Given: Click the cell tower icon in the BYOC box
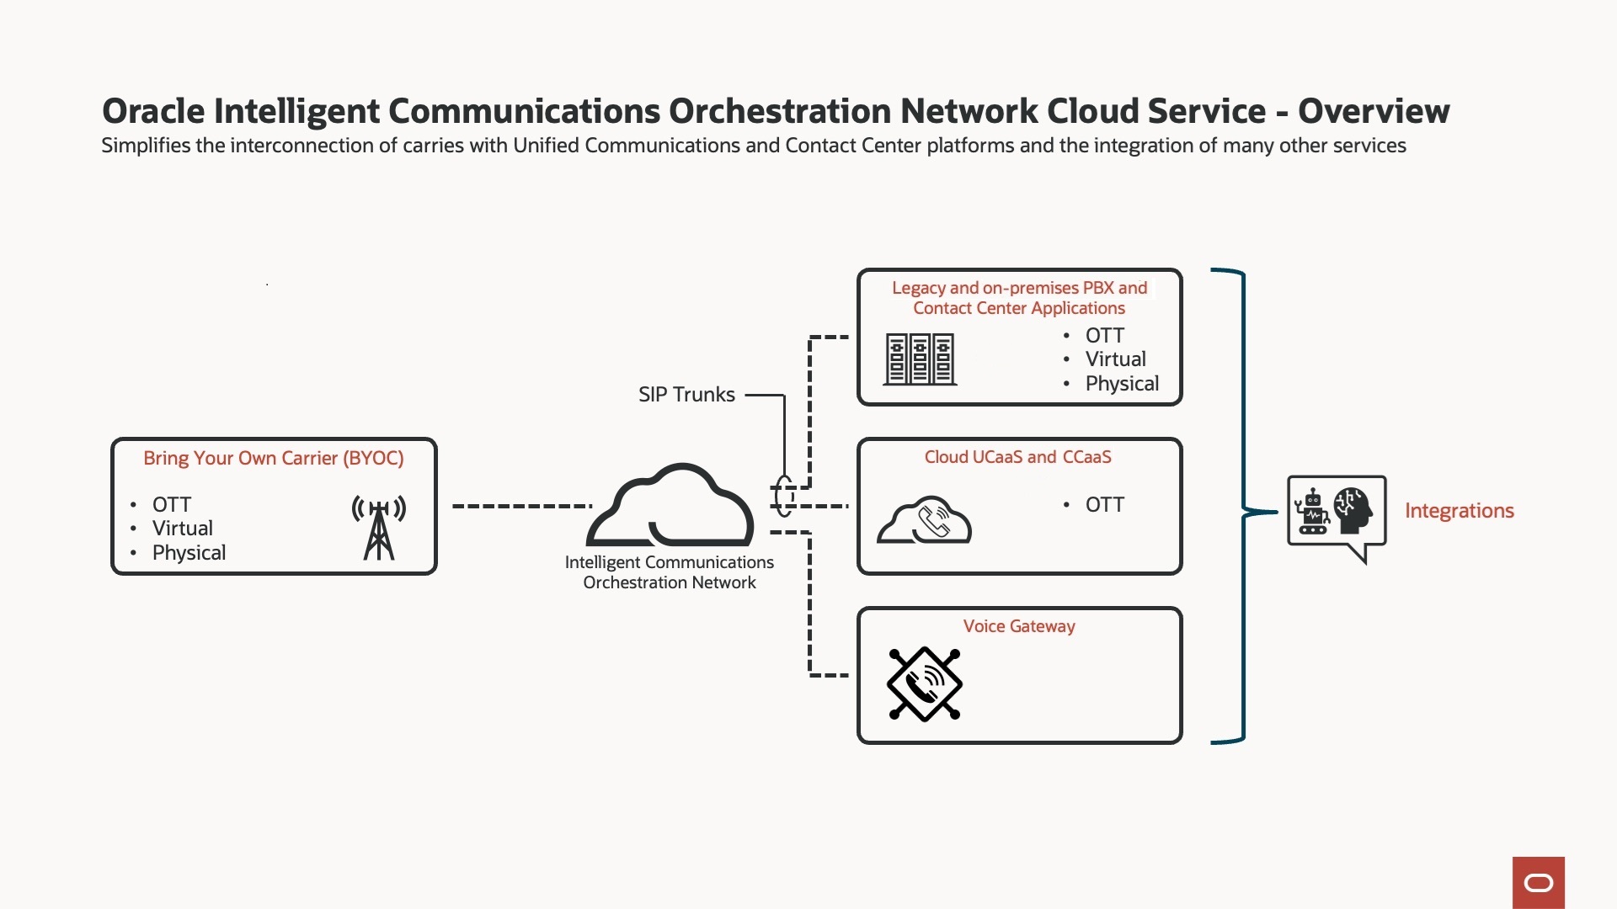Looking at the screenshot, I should point(379,528).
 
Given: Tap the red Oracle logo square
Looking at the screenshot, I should point(1538,882).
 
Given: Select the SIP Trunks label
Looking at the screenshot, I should point(686,395).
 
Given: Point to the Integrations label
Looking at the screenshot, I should point(1459,511).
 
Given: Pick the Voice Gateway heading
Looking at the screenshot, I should point(1019,626).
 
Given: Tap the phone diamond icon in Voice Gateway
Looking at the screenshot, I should point(925,683).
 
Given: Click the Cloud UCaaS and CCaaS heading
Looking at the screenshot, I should point(1017,457).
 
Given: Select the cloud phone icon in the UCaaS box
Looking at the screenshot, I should point(925,520).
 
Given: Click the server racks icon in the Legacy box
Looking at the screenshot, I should point(920,359).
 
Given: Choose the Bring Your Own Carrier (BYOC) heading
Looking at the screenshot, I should point(273,458).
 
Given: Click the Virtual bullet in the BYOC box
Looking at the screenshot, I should point(182,529).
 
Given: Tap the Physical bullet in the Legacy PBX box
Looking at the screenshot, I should point(1122,384).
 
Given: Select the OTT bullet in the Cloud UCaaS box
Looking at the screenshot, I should point(1104,505).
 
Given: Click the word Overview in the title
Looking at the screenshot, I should point(1374,111).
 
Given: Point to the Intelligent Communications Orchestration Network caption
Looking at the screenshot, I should point(670,572).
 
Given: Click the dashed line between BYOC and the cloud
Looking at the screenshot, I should point(522,506).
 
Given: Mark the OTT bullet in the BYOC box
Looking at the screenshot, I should point(172,505).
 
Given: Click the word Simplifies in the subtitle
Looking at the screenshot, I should point(146,146).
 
